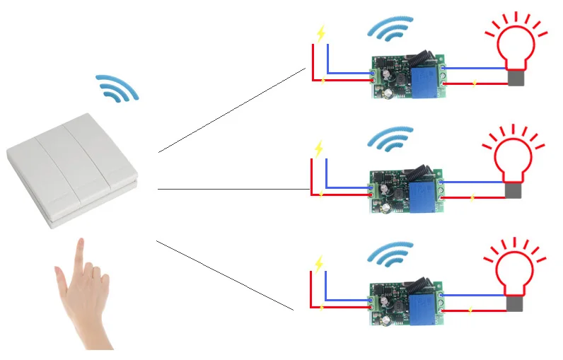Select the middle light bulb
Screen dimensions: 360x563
coord(514,159)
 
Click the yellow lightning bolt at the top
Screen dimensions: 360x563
coord(321,34)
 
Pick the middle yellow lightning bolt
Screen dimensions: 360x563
coord(320,149)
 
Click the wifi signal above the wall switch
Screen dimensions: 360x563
coord(117,87)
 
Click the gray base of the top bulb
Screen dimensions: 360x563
coord(516,77)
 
